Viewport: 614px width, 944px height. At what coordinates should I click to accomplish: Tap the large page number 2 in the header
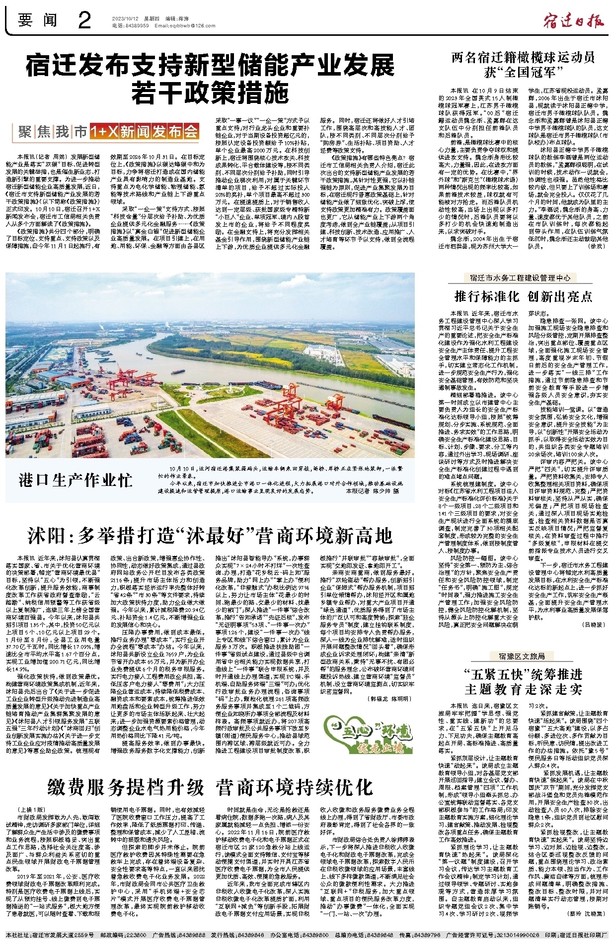85,20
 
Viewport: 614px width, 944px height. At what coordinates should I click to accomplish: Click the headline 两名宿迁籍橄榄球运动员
523,57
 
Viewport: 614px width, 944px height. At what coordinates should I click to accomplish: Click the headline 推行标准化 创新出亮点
524,296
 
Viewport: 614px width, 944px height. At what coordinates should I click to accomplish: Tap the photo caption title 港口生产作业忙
76,480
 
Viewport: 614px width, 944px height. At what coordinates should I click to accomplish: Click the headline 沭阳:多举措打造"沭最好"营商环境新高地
210,535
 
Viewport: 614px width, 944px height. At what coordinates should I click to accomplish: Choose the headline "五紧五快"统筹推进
524,674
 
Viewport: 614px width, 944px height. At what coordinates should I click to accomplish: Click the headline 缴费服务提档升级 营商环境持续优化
210,787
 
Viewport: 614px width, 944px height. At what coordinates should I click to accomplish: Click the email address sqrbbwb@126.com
180,26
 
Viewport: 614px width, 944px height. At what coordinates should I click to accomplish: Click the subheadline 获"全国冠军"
523,72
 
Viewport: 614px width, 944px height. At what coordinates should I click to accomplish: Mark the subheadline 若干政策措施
210,92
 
